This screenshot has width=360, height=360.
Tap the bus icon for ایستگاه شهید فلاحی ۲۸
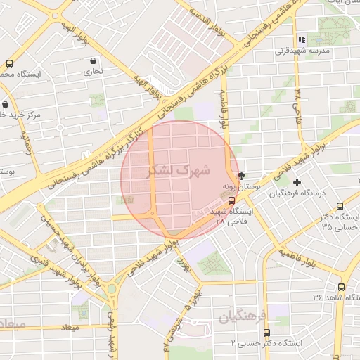(x=233, y=200)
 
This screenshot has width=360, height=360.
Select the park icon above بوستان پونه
(x=242, y=175)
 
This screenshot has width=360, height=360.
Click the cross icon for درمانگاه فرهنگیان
(x=297, y=182)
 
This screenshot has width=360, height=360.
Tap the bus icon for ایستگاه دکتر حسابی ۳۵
(x=340, y=206)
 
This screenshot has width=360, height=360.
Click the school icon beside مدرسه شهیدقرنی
(x=302, y=40)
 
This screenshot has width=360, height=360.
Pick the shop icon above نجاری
(x=93, y=61)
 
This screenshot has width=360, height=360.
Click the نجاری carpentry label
(x=94, y=71)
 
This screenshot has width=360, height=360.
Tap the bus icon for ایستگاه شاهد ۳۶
(x=341, y=287)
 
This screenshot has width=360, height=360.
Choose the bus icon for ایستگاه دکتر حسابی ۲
(x=266, y=333)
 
